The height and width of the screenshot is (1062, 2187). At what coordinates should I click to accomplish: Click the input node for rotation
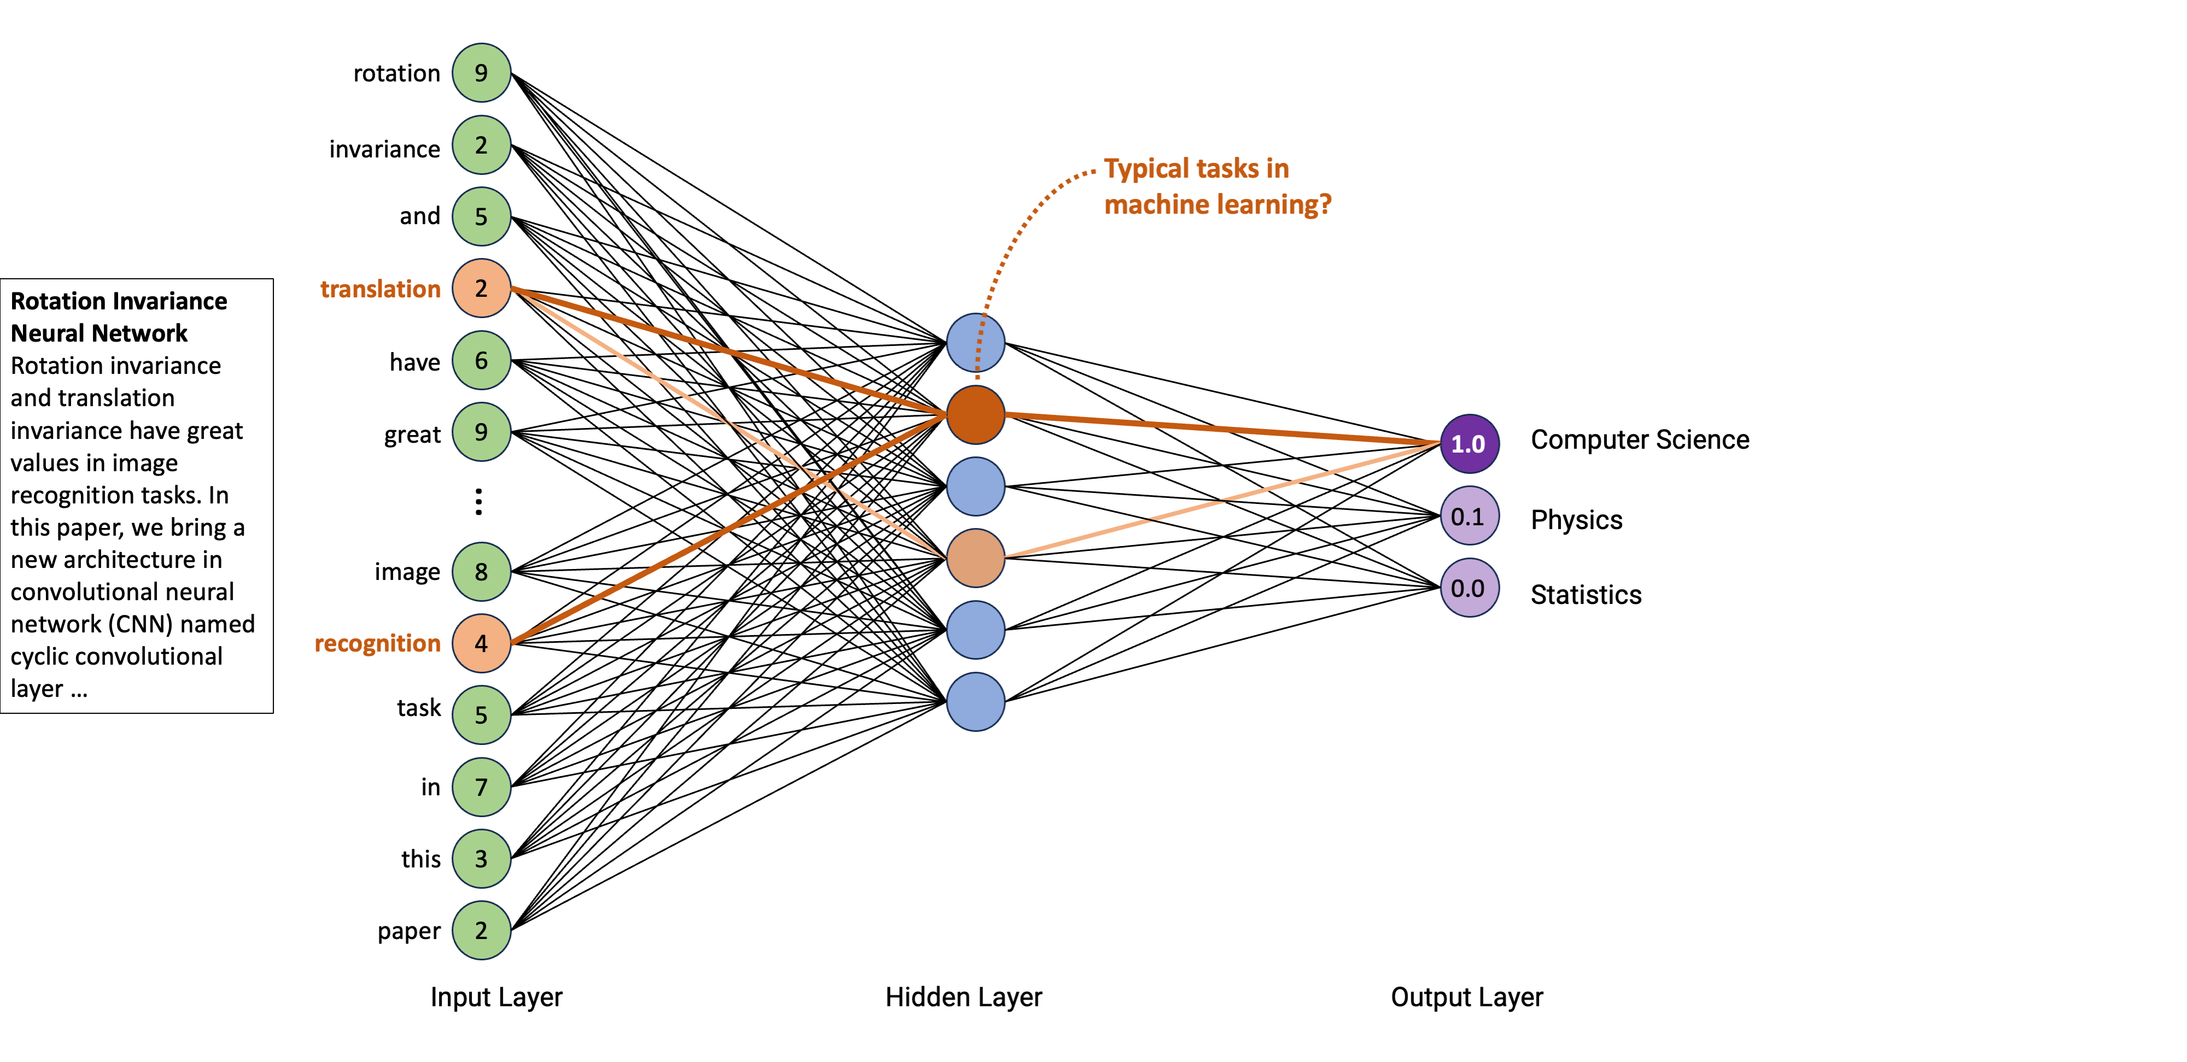[x=481, y=73]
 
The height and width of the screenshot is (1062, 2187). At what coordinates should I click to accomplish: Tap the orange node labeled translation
[x=481, y=289]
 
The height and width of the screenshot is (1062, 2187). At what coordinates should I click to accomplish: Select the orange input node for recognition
[x=481, y=643]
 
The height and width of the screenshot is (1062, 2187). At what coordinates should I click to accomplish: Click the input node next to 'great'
[x=481, y=432]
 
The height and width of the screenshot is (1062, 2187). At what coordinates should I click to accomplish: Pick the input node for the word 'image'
[x=481, y=571]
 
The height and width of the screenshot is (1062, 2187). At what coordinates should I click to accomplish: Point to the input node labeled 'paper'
[x=481, y=930]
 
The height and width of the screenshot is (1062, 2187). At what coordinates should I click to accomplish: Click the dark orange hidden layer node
[x=975, y=415]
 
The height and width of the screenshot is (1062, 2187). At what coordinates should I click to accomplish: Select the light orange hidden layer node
[x=975, y=559]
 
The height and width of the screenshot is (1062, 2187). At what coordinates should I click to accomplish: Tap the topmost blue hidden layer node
[x=975, y=343]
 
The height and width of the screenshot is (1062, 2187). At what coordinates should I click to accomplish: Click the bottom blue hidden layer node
[x=975, y=702]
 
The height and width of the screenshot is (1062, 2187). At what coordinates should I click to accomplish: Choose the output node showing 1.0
[x=1469, y=444]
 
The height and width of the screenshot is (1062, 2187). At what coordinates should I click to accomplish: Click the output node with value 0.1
[x=1469, y=516]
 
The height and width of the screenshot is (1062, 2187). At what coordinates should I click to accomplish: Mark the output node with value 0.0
[x=1469, y=588]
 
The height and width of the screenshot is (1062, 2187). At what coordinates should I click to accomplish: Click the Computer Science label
[x=1639, y=440]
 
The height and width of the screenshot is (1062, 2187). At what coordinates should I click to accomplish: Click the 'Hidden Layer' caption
[x=963, y=996]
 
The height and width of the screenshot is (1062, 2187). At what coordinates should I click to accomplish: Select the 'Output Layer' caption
[x=1466, y=996]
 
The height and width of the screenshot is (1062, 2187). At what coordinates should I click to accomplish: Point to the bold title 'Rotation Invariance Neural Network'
[x=118, y=316]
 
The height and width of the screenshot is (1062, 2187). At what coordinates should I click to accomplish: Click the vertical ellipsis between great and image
[x=479, y=502]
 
